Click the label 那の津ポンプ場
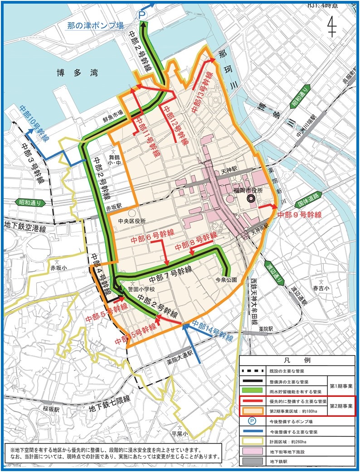[x=95, y=26]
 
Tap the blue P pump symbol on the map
[x=142, y=15]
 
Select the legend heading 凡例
[x=297, y=361]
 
